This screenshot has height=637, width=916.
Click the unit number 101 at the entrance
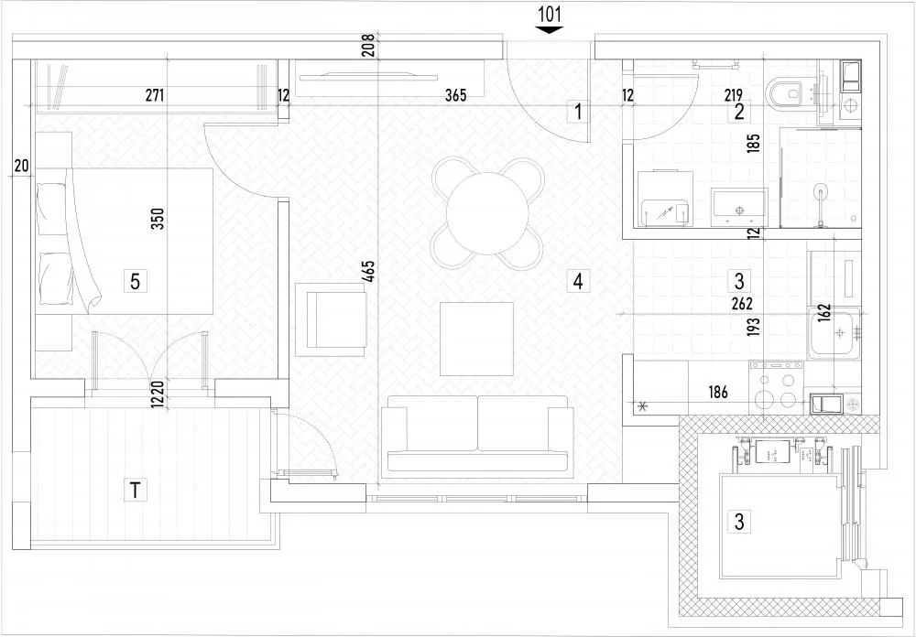click(549, 14)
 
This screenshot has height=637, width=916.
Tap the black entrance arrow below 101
click(549, 30)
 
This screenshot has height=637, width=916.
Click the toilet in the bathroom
click(784, 93)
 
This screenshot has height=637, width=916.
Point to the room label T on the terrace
click(135, 491)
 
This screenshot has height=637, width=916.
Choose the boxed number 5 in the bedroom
click(135, 281)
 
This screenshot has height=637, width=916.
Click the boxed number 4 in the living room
click(578, 281)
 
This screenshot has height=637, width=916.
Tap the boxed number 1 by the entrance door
click(578, 111)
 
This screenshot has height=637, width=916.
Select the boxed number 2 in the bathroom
click(739, 112)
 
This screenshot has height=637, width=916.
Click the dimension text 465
click(368, 272)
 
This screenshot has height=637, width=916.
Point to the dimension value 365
click(455, 94)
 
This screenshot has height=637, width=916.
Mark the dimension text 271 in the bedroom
click(155, 94)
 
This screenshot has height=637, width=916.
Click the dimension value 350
click(158, 219)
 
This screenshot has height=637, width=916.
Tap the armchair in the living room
click(332, 318)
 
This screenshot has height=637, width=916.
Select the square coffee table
click(476, 339)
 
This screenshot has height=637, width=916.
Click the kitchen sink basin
click(834, 333)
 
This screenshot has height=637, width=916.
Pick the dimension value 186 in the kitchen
click(718, 393)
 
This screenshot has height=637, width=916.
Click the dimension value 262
click(742, 304)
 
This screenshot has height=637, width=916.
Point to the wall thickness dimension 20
click(21, 167)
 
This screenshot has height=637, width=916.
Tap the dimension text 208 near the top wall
click(368, 46)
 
